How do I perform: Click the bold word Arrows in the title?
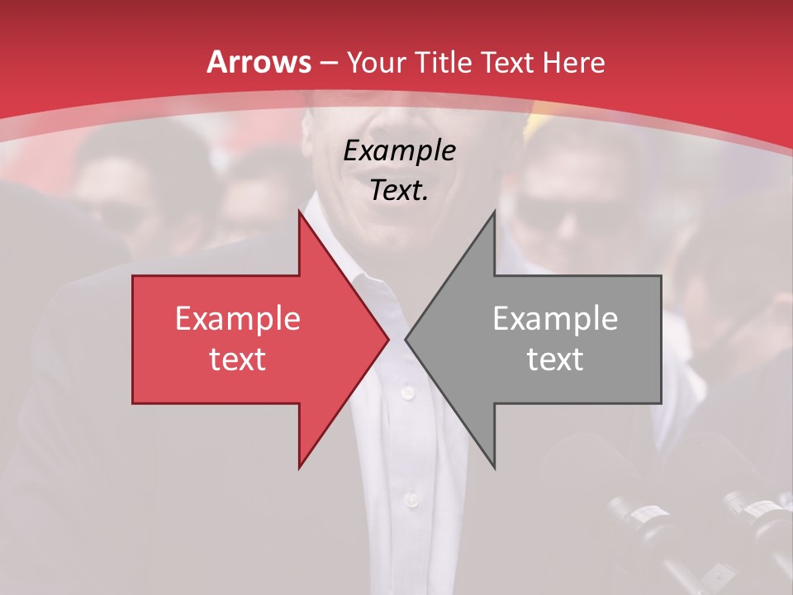pyautogui.click(x=259, y=62)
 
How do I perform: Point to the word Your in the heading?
pyautogui.click(x=377, y=63)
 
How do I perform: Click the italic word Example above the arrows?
pyautogui.click(x=399, y=151)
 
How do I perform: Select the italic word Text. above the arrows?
pyautogui.click(x=399, y=191)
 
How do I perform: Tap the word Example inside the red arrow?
pyautogui.click(x=237, y=319)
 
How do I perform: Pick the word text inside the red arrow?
pyautogui.click(x=237, y=359)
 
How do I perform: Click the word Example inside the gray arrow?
pyautogui.click(x=555, y=319)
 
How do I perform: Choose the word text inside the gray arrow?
pyautogui.click(x=555, y=359)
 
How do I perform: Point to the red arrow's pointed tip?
pyautogui.click(x=388, y=339)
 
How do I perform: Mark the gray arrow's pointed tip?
pyautogui.click(x=406, y=339)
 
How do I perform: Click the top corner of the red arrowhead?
pyautogui.click(x=299, y=212)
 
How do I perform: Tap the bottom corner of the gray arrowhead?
pyautogui.click(x=494, y=468)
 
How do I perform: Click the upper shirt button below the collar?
pyautogui.click(x=406, y=392)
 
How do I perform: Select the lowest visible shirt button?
pyautogui.click(x=411, y=499)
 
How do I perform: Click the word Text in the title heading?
pyautogui.click(x=504, y=62)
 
